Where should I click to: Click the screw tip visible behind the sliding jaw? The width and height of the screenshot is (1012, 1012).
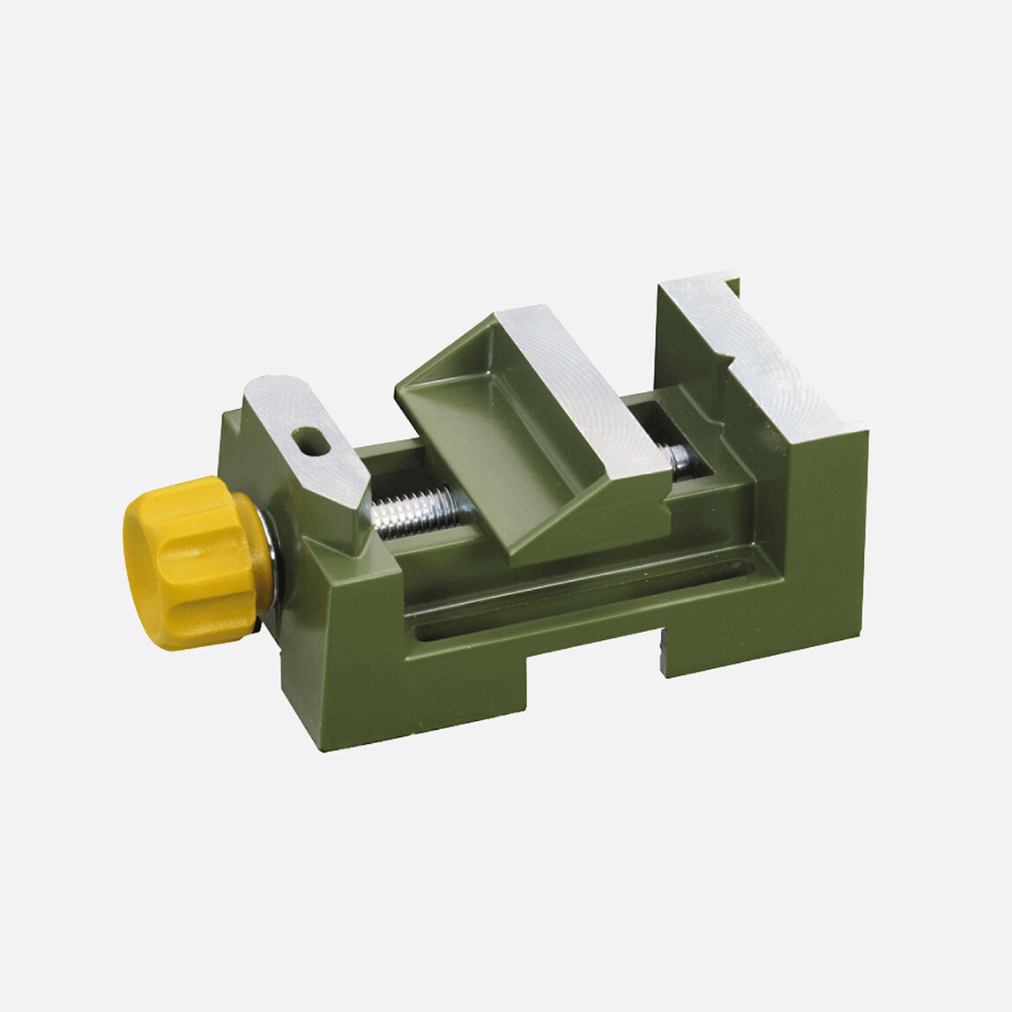[680, 457]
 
